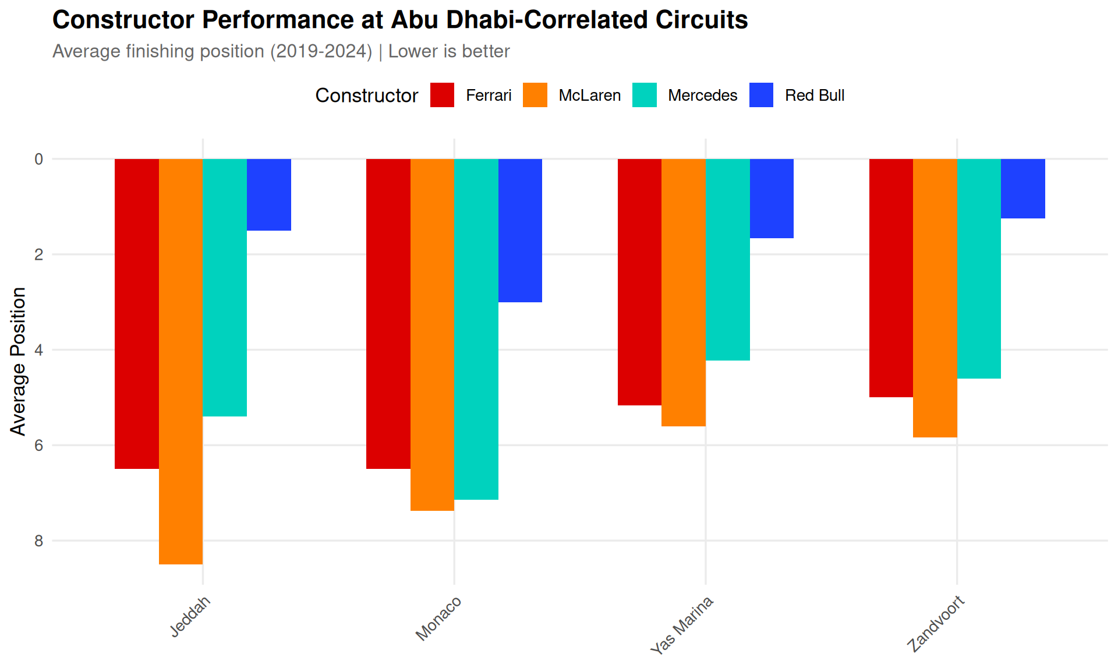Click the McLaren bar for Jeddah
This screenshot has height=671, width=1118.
[x=181, y=361]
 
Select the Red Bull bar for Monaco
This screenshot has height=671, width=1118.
[x=520, y=230]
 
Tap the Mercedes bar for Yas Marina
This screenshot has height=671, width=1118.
[x=727, y=259]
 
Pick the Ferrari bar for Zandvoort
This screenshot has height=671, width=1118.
[x=891, y=278]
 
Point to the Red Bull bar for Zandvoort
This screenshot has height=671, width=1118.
[x=1023, y=189]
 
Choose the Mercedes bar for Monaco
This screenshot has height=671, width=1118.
[x=476, y=329]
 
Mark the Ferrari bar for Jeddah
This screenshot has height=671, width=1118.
[x=137, y=313]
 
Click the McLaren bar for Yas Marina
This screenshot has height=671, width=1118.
[x=684, y=292]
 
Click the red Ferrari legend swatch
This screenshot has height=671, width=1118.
[x=442, y=95]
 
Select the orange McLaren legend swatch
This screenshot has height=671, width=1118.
[x=535, y=95]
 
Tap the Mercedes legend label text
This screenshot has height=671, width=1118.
[x=702, y=96]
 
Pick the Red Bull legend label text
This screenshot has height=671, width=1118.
[x=814, y=96]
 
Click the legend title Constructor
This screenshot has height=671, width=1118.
[x=366, y=96]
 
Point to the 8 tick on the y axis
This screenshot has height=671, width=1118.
[x=39, y=541]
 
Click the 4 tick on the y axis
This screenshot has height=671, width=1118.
[x=39, y=350]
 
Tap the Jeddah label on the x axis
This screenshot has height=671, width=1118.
[x=190, y=617]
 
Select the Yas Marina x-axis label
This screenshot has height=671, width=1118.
[x=681, y=626]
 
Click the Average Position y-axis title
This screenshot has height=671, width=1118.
[x=19, y=361]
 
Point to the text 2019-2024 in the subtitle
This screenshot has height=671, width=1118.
[x=321, y=51]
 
